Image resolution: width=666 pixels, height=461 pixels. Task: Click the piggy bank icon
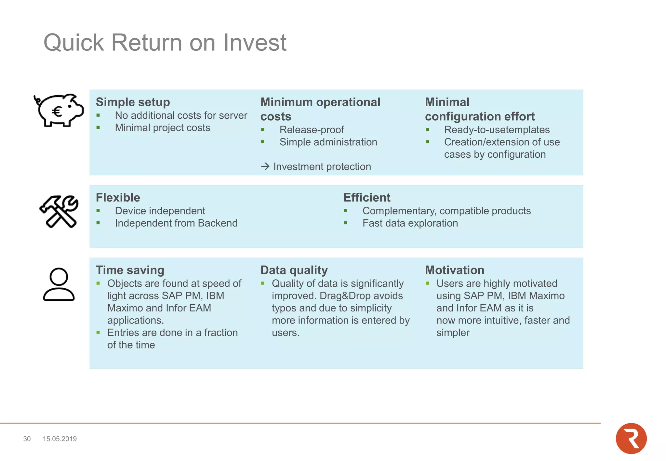point(59,110)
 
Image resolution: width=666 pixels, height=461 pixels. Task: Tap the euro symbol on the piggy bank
point(57,112)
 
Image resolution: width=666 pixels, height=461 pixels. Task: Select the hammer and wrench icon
point(59,211)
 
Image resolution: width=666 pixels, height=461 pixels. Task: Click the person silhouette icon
point(59,284)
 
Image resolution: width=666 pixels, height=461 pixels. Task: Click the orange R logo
point(631,438)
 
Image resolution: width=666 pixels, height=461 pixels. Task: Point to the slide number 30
point(27,439)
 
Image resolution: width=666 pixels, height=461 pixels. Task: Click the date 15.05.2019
point(60,439)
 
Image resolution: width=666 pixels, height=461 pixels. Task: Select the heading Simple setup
point(133,102)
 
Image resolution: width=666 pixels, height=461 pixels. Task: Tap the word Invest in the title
point(255,43)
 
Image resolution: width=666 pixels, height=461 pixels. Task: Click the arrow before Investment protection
point(265,166)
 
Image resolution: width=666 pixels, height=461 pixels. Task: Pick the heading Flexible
point(118,198)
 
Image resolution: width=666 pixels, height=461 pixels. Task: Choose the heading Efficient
point(366,198)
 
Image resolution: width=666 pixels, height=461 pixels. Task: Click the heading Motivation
point(454,270)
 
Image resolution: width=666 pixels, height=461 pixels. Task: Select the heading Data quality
point(294,270)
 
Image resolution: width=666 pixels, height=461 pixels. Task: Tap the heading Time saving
point(130,270)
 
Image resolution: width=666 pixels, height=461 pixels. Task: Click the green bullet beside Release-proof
point(263,130)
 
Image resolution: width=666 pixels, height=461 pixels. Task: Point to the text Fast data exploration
point(410,223)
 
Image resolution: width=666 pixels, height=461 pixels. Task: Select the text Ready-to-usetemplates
point(497,130)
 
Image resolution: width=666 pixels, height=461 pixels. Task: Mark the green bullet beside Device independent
point(98,211)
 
